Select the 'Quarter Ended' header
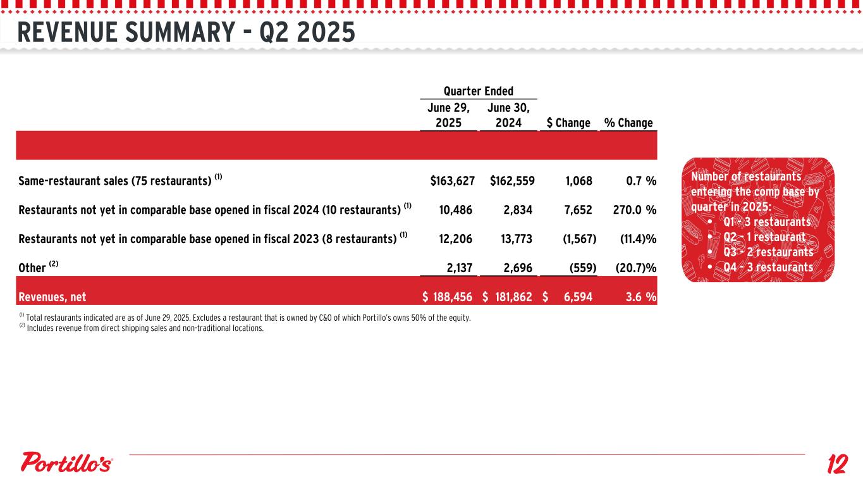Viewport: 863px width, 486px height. click(478, 91)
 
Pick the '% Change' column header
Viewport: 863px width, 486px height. click(628, 123)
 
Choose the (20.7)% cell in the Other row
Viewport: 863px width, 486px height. click(635, 268)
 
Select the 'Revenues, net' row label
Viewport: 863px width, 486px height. click(52, 297)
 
